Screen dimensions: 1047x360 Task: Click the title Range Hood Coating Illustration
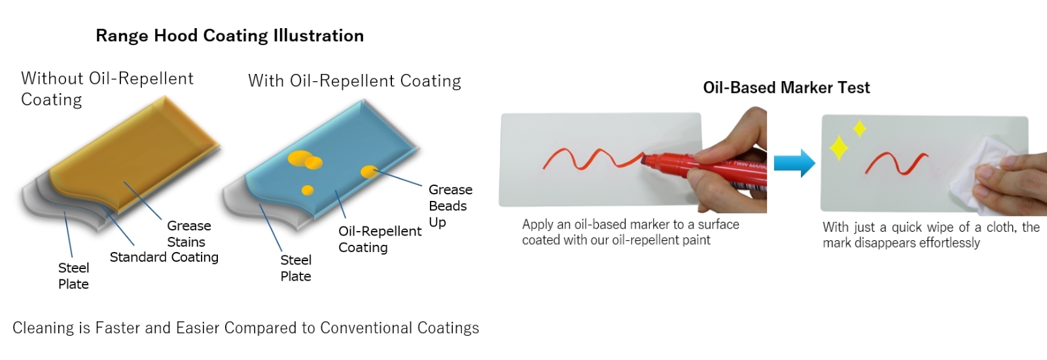coord(230,36)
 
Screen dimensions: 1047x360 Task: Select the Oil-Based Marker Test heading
coord(786,88)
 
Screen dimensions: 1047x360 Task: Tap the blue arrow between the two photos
coord(794,163)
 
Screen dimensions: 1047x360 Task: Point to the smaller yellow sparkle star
coord(860,128)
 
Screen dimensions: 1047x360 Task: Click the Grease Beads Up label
coord(450,206)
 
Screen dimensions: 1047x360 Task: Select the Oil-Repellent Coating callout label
coord(380,239)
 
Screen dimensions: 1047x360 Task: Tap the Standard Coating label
coord(164,257)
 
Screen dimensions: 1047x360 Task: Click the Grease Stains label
coord(189,234)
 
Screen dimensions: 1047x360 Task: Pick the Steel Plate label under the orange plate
coord(73,276)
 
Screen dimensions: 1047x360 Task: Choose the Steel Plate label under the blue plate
coord(295,268)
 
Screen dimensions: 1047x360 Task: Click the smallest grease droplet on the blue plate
coord(308,190)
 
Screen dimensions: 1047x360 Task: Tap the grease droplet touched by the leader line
coord(369,172)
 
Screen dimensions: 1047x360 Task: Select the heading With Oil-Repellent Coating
coord(354,81)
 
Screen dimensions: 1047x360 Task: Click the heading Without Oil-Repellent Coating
coord(107,89)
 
